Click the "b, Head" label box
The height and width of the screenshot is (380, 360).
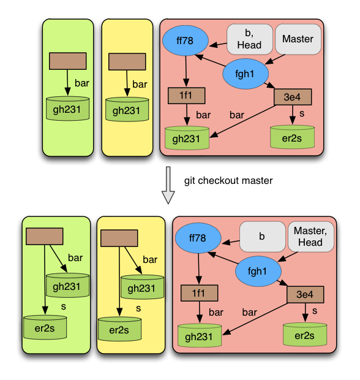click(x=250, y=39)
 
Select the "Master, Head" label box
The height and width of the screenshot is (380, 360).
click(x=311, y=237)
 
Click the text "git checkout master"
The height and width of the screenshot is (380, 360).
click(x=228, y=181)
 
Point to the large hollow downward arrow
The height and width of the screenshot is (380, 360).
click(x=168, y=185)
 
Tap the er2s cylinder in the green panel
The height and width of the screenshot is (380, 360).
click(x=45, y=327)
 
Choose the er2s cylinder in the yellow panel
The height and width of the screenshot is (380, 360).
click(x=119, y=329)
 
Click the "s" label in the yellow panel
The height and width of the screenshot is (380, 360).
click(x=138, y=308)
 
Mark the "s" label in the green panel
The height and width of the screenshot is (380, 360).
click(x=64, y=306)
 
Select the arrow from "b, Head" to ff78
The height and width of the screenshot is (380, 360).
click(x=218, y=45)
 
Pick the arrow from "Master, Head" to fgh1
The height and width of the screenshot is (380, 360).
click(x=288, y=257)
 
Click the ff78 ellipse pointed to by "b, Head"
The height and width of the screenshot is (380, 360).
click(x=186, y=40)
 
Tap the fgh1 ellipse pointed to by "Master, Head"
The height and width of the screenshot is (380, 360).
click(x=258, y=271)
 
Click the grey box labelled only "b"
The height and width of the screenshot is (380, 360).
click(x=263, y=237)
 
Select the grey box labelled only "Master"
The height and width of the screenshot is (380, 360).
click(x=298, y=39)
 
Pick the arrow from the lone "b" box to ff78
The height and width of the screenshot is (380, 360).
click(x=231, y=242)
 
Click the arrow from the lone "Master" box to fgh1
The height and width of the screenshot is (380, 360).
click(x=275, y=59)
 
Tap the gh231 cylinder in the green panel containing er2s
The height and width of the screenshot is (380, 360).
click(x=67, y=285)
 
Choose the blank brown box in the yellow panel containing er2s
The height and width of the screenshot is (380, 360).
click(x=119, y=238)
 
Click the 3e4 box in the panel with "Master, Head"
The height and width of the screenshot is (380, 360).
click(x=306, y=294)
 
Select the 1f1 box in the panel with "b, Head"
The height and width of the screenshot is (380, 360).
click(x=186, y=96)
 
